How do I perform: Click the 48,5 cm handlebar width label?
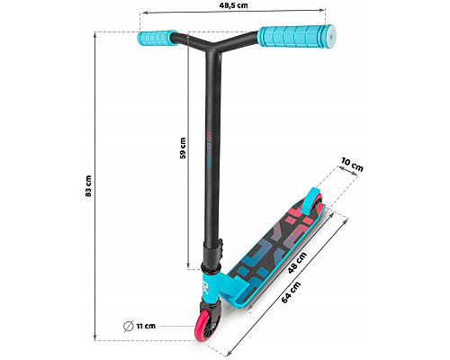pyautogui.click(x=233, y=5)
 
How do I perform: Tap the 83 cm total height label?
pyautogui.click(x=88, y=186)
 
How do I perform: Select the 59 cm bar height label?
pyautogui.click(x=183, y=148)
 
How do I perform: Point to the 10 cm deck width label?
pyautogui.click(x=352, y=165)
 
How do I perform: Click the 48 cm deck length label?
pyautogui.click(x=297, y=263)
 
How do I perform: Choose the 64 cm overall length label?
pyautogui.click(x=291, y=292)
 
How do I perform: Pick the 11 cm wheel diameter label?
pyautogui.click(x=146, y=326)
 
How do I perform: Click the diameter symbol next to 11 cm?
pyautogui.click(x=129, y=326)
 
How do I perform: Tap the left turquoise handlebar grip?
pyautogui.click(x=157, y=38)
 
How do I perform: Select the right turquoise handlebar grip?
pyautogui.click(x=297, y=36)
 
